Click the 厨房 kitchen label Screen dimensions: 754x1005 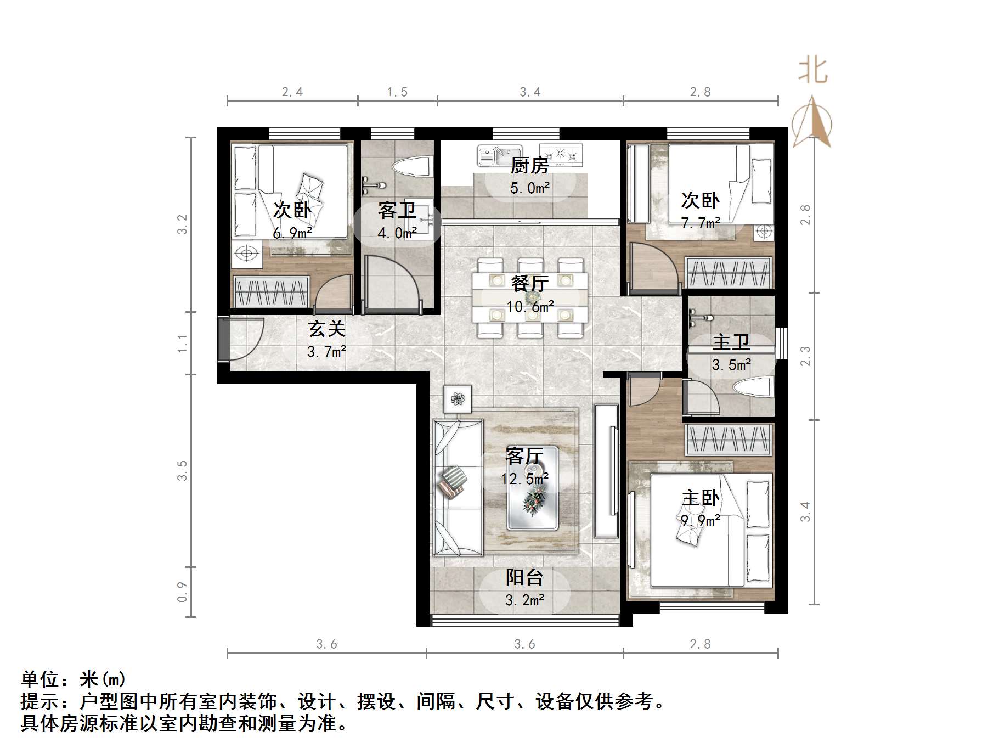pos(529,165)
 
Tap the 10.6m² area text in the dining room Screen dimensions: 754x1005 pos(529,306)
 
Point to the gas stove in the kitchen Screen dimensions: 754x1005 pos(560,155)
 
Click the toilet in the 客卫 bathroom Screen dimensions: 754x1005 pos(411,166)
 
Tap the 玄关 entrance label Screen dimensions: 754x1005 pos(326,329)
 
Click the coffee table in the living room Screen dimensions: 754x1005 pos(532,488)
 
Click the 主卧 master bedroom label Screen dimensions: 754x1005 pos(700,498)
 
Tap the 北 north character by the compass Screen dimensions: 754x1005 pos(812,71)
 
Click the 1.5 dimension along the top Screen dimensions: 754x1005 pos(397,92)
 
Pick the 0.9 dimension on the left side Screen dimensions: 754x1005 pos(182,592)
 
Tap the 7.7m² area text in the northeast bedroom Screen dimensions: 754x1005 pos(701,223)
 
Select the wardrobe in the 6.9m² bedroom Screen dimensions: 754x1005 pos(272,292)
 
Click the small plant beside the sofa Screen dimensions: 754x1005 pos(458,398)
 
